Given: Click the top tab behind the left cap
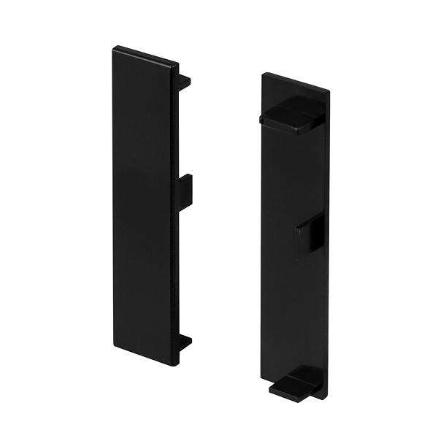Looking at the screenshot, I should click(x=184, y=82).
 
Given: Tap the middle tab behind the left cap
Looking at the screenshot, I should click(x=185, y=191).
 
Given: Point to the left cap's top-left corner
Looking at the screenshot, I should click(x=114, y=48).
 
